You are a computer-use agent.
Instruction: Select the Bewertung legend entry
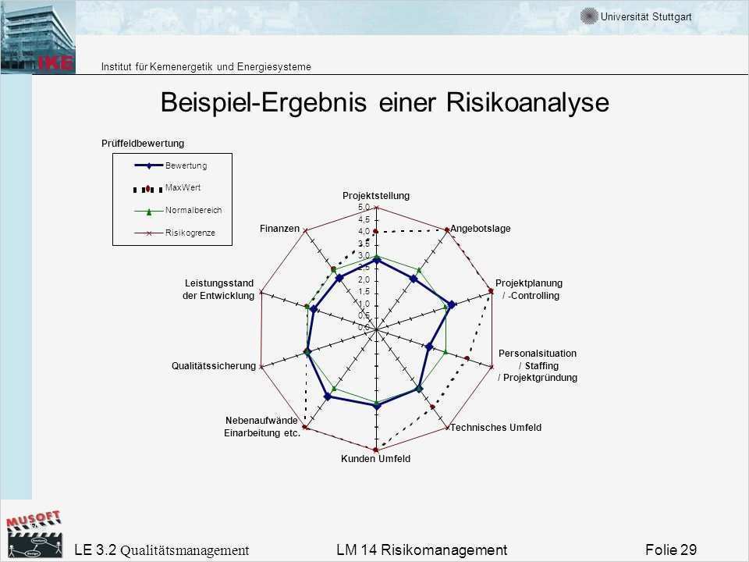(186, 165)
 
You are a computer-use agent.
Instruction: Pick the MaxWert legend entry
(183, 187)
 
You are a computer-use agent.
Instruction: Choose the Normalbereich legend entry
(193, 210)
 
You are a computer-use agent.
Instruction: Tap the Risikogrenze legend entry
(190, 233)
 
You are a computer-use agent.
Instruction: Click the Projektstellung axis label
(376, 195)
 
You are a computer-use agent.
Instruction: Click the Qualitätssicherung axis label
(213, 366)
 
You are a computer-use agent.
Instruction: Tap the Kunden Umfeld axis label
(375, 459)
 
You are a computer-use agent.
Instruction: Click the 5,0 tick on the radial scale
(364, 208)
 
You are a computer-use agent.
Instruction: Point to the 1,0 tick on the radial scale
(364, 304)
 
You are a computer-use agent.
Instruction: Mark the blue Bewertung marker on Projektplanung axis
(452, 305)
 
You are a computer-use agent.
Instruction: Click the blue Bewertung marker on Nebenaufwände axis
(328, 397)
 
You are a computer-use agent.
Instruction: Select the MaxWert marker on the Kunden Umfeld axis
(376, 450)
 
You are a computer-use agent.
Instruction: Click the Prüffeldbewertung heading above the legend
(142, 143)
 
